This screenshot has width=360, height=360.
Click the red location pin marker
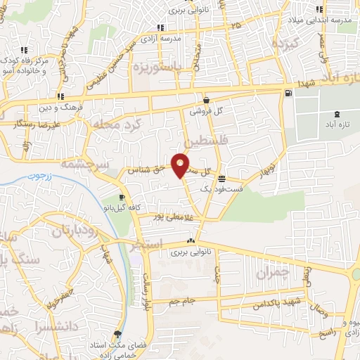tap(181, 165)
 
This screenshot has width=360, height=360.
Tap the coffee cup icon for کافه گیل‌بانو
tap(122, 198)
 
